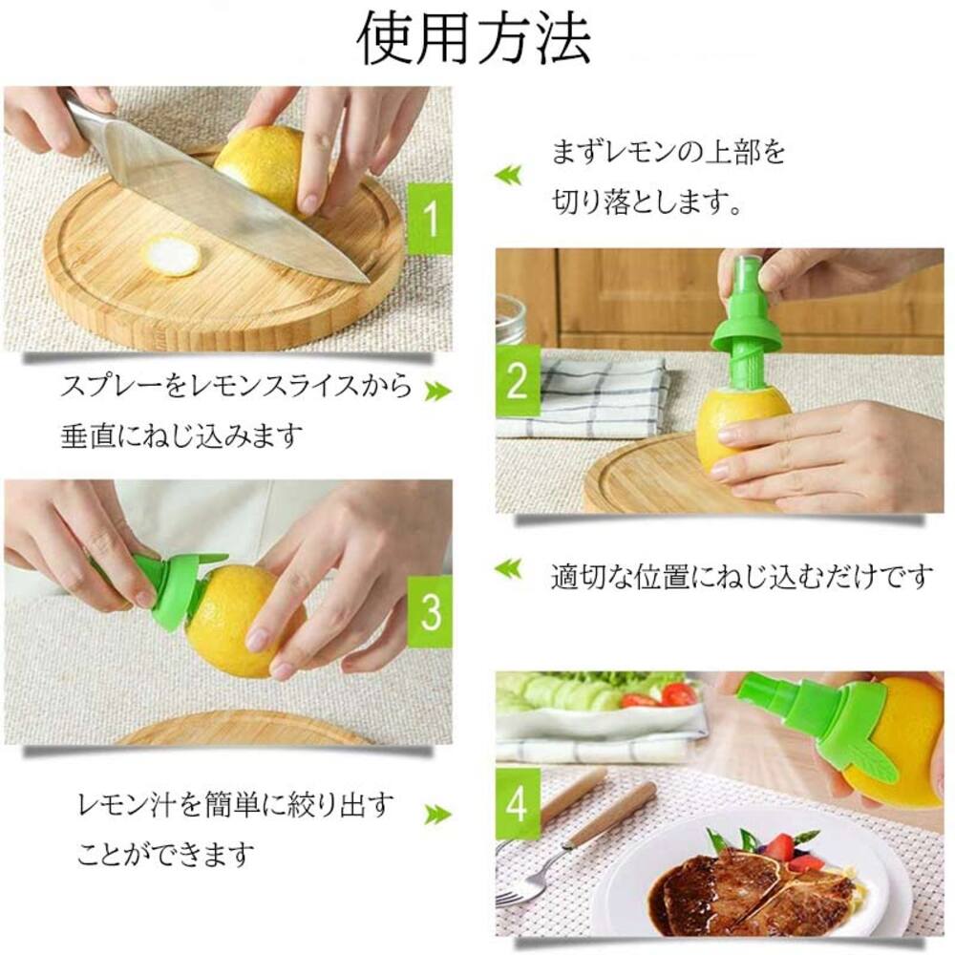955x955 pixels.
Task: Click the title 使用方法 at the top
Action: point(475,38)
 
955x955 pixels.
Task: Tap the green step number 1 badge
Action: point(429,219)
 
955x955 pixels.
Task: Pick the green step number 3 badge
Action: point(430,610)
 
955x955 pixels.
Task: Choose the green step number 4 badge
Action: point(517,805)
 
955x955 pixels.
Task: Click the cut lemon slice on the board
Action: point(173,255)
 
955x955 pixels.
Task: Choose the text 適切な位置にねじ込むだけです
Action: point(741,576)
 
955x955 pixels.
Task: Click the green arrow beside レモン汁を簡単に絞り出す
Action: point(437,814)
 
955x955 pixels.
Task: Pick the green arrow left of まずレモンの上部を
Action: point(508,173)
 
